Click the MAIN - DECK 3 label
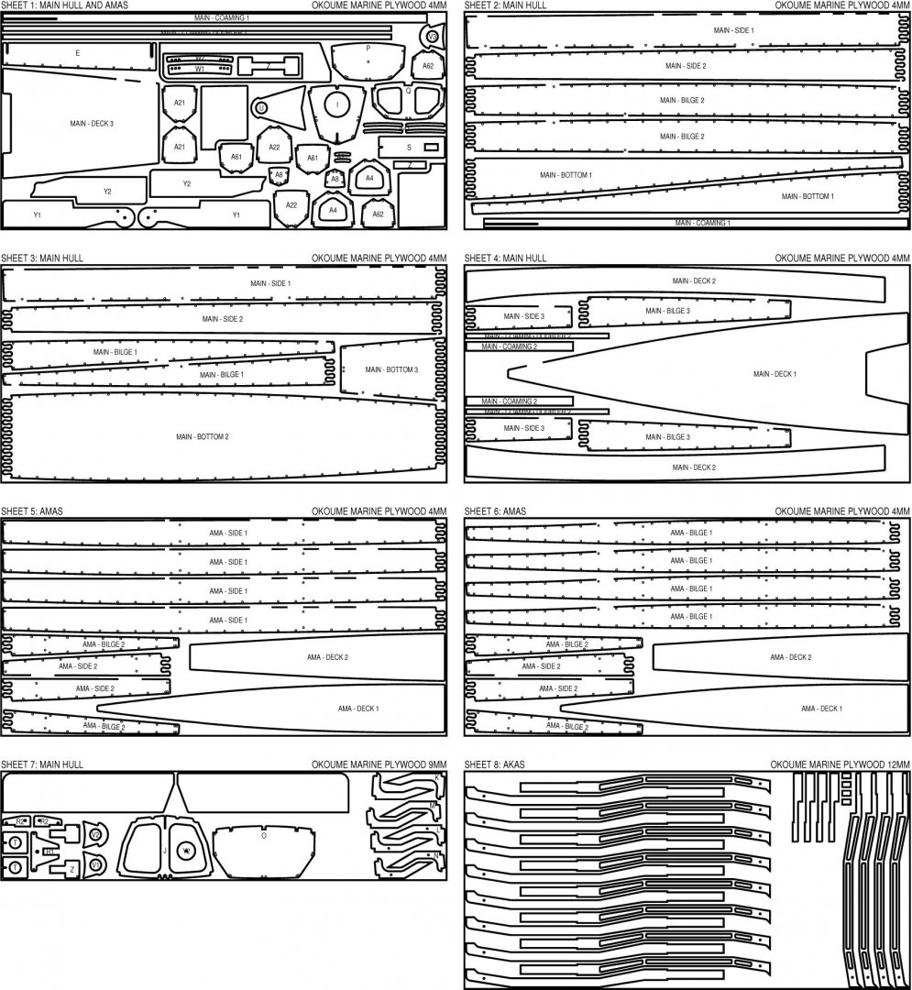[x=92, y=123]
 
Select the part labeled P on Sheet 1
[x=368, y=48]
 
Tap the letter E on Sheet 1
[x=78, y=54]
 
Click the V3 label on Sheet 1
[x=432, y=36]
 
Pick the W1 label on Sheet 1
[x=200, y=69]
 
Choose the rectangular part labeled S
[x=409, y=147]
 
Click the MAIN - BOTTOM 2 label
[x=203, y=436]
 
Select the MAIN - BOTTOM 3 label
[x=391, y=369]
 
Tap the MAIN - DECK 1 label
[x=775, y=374]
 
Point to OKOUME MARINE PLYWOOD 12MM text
[x=840, y=764]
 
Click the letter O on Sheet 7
[x=264, y=836]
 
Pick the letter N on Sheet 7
[x=436, y=854]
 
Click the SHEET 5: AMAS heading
[x=38, y=511]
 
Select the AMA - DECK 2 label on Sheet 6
[x=790, y=657]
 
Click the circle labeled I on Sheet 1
[x=337, y=105]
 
